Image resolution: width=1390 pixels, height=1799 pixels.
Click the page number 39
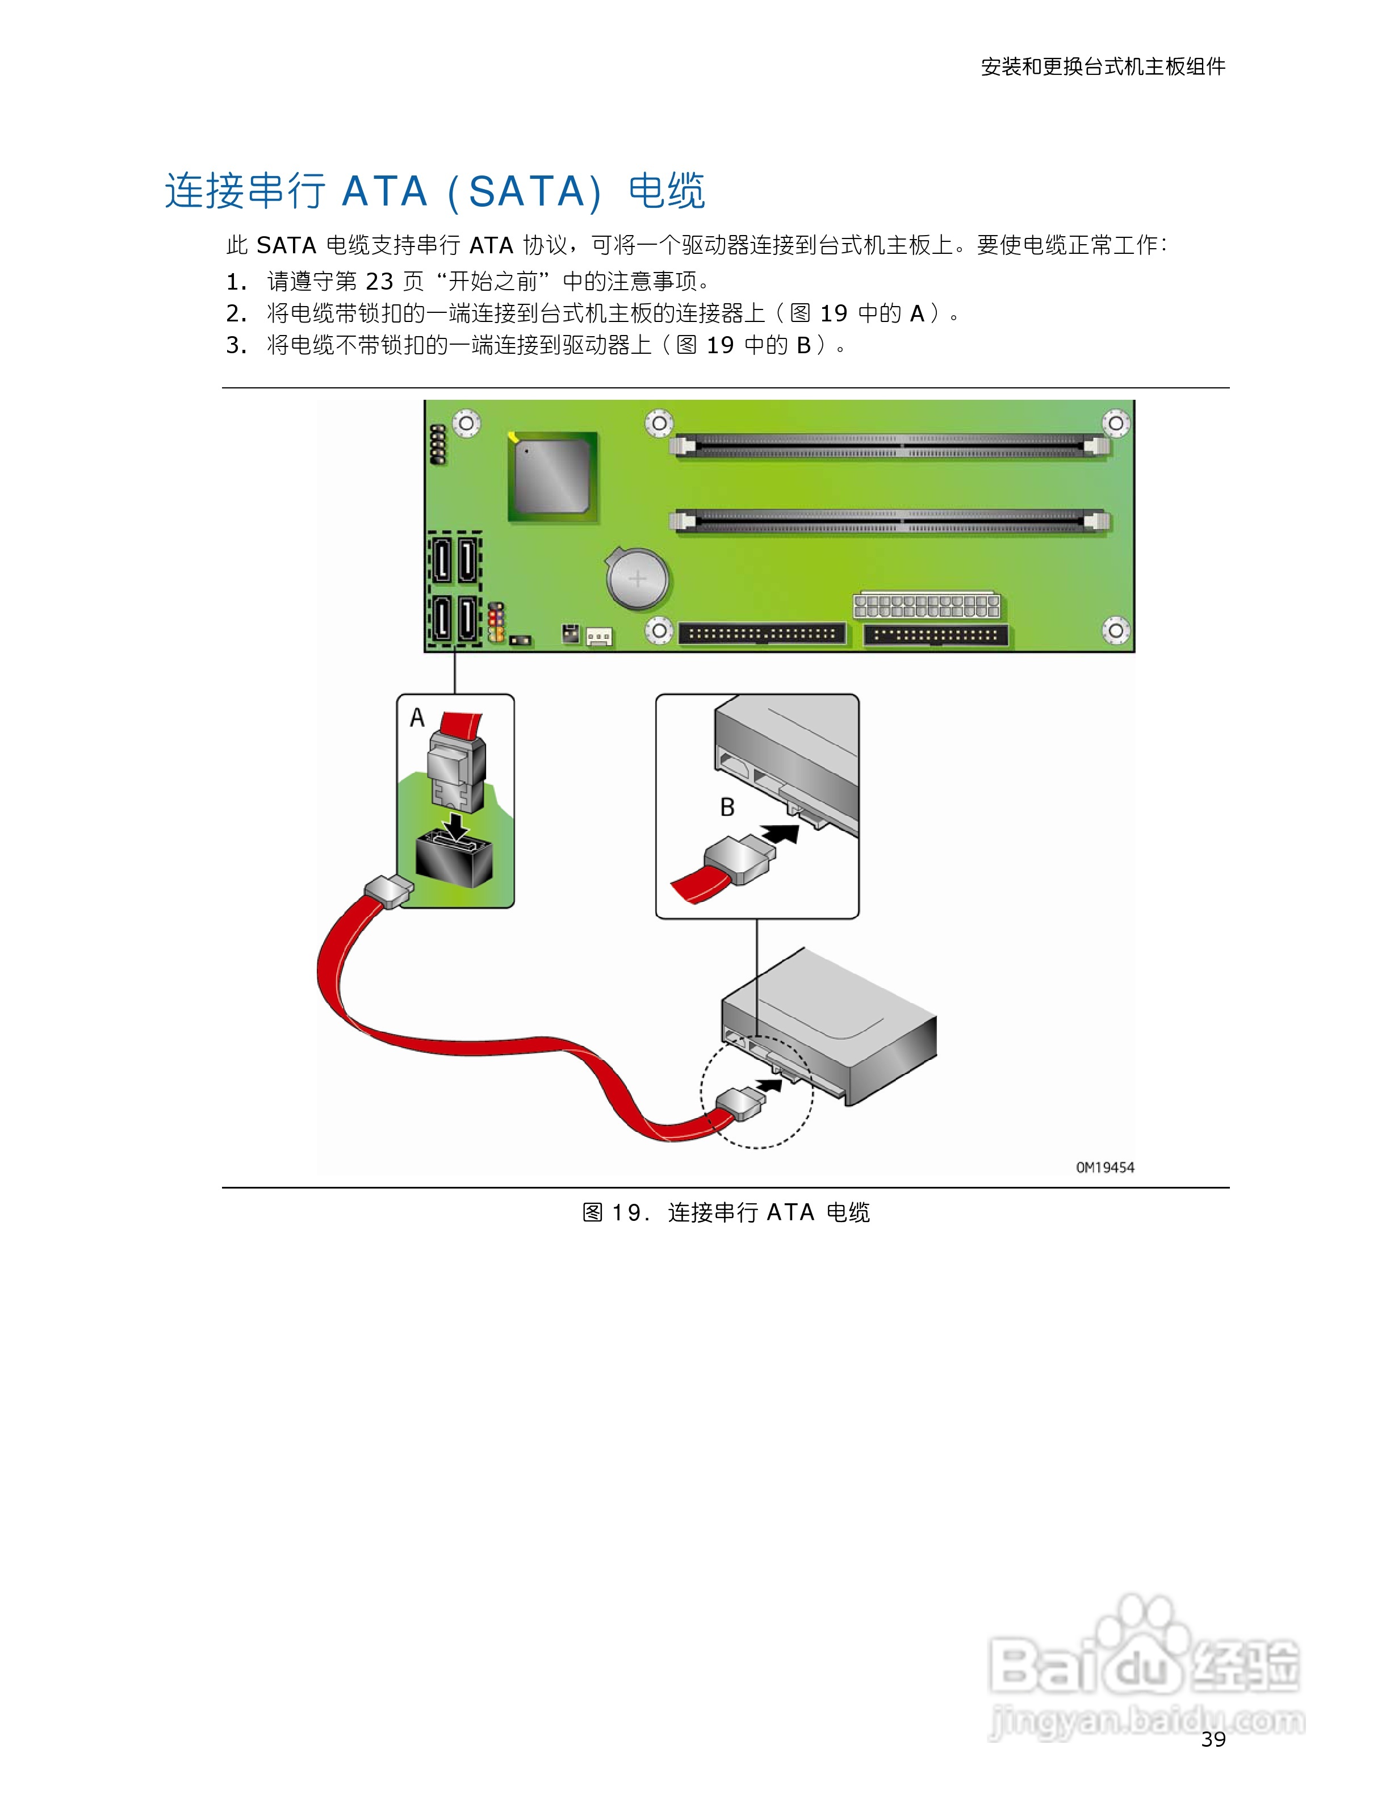click(1213, 1739)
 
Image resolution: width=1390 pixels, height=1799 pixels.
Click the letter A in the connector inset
click(417, 718)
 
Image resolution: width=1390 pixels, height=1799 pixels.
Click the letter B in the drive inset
click(727, 808)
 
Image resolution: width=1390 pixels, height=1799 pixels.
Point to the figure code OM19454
click(1104, 1167)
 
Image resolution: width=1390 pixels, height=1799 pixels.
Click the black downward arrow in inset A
click(455, 825)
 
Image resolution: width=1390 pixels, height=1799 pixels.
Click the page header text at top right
click(1103, 66)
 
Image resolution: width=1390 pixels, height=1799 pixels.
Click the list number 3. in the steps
click(236, 345)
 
